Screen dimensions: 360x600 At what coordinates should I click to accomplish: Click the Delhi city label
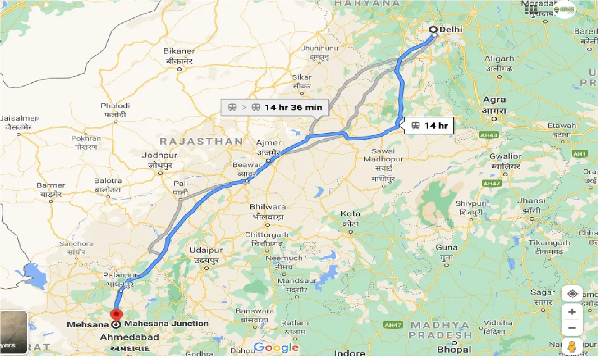450,29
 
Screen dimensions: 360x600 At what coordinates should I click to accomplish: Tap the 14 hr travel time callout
430,125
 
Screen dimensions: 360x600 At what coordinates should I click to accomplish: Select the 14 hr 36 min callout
275,107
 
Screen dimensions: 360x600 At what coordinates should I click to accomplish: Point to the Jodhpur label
160,156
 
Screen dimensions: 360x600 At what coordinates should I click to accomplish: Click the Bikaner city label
179,51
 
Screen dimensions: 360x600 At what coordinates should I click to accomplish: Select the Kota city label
350,214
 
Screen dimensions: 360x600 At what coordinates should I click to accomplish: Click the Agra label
494,100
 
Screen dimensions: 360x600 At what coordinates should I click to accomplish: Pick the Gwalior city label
505,156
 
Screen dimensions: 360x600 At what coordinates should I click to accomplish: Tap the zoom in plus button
572,312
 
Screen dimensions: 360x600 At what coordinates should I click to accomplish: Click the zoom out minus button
572,328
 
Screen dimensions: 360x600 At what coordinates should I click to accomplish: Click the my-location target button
572,294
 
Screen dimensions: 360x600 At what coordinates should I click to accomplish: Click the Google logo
276,347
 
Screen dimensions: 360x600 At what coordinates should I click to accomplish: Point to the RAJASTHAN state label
201,141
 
